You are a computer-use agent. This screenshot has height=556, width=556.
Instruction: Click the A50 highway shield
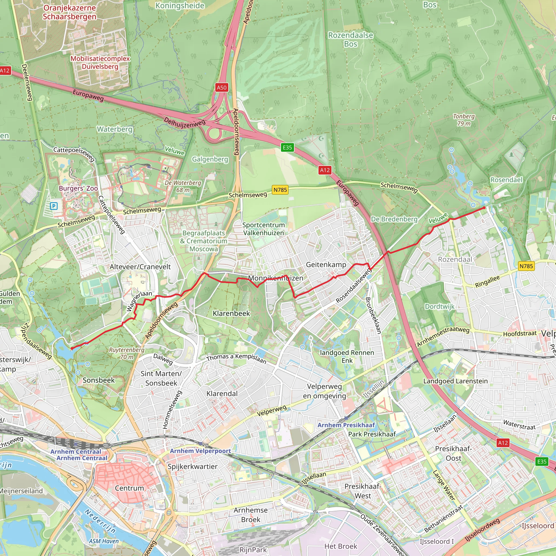(222, 87)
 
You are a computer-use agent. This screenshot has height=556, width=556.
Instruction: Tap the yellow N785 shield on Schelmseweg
(280, 190)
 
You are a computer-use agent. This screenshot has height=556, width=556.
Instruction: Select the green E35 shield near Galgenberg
(287, 148)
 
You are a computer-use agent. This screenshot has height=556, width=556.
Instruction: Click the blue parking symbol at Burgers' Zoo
(53, 206)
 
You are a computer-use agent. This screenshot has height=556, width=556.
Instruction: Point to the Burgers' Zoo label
(78, 188)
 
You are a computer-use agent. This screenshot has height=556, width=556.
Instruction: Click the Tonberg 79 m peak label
(464, 120)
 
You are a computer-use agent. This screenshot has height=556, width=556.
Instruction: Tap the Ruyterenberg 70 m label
(127, 353)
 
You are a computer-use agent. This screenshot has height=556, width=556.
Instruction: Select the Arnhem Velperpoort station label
(200, 451)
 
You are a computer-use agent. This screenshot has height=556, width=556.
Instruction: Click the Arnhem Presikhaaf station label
(346, 425)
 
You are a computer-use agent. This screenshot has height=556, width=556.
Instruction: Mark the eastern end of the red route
(484, 208)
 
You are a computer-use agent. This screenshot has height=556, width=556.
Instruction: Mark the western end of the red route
(72, 349)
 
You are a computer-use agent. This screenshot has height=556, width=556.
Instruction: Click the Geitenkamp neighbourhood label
(326, 265)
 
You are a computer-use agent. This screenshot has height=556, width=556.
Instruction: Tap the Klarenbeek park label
(231, 313)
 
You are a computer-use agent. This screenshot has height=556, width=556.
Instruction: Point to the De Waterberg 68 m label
(183, 186)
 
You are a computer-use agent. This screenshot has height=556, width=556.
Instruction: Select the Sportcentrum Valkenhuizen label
(263, 229)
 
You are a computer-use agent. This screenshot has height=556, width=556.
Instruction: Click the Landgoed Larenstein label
(455, 381)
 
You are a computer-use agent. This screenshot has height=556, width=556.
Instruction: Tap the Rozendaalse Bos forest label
(350, 39)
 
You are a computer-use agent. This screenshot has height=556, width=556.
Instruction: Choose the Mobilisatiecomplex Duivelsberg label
(100, 62)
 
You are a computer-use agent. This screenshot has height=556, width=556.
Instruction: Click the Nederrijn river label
(100, 521)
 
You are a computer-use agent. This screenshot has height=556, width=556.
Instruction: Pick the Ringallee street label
(487, 282)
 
